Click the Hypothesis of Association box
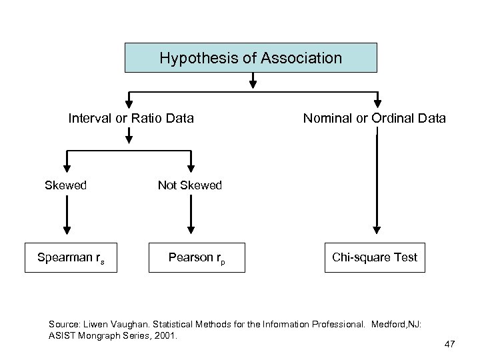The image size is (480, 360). (251, 58)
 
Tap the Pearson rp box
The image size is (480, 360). (197, 257)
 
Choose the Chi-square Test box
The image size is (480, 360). (375, 257)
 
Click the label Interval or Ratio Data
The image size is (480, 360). (131, 119)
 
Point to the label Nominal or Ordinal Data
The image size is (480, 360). (375, 119)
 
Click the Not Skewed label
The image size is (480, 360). (189, 185)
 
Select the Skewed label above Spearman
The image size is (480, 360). (65, 185)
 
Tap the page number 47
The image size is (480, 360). (449, 344)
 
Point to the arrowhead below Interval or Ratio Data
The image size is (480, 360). (129, 139)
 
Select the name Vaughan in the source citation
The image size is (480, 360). (136, 324)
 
